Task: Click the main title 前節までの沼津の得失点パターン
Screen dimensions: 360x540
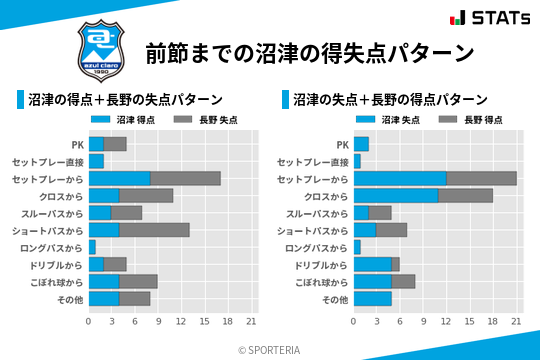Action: [309, 51]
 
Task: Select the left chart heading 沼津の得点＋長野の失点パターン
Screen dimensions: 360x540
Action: [125, 100]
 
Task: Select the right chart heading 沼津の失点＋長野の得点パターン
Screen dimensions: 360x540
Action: [390, 100]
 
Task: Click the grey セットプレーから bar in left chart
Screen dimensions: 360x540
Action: [185, 178]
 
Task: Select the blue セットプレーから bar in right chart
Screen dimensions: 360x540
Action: [400, 178]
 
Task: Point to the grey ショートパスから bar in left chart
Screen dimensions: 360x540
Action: [154, 230]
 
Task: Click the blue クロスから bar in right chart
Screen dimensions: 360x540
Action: [396, 195]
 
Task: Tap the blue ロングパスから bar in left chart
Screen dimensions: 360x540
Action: [92, 247]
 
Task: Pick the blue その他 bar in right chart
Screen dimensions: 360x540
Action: [373, 298]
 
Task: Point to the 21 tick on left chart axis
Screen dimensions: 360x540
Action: [251, 321]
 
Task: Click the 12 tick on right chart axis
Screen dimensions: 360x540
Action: [446, 321]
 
